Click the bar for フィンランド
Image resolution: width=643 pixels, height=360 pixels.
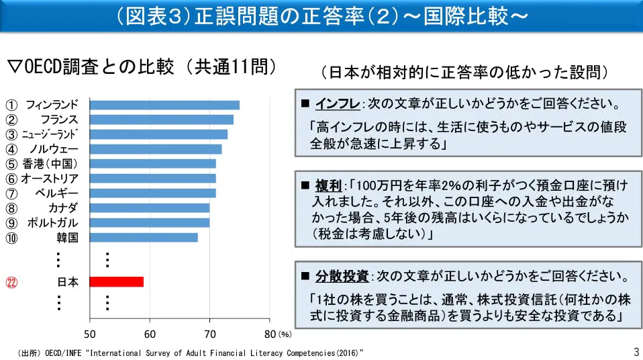tap(164, 105)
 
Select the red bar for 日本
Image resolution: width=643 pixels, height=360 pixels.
tap(117, 281)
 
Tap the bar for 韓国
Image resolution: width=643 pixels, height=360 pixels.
tap(144, 237)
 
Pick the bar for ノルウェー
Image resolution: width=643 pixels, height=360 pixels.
tap(156, 149)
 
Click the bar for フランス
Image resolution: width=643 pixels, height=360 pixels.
tap(162, 120)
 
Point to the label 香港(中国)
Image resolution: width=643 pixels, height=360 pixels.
tap(50, 164)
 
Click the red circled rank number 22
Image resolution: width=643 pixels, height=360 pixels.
tap(11, 282)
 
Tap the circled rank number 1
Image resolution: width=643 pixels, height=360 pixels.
tap(11, 105)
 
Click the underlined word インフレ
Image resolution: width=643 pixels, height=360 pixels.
tap(338, 104)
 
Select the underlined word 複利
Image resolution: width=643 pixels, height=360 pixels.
tap(328, 185)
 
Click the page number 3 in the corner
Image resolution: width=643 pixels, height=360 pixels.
tap(636, 352)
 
